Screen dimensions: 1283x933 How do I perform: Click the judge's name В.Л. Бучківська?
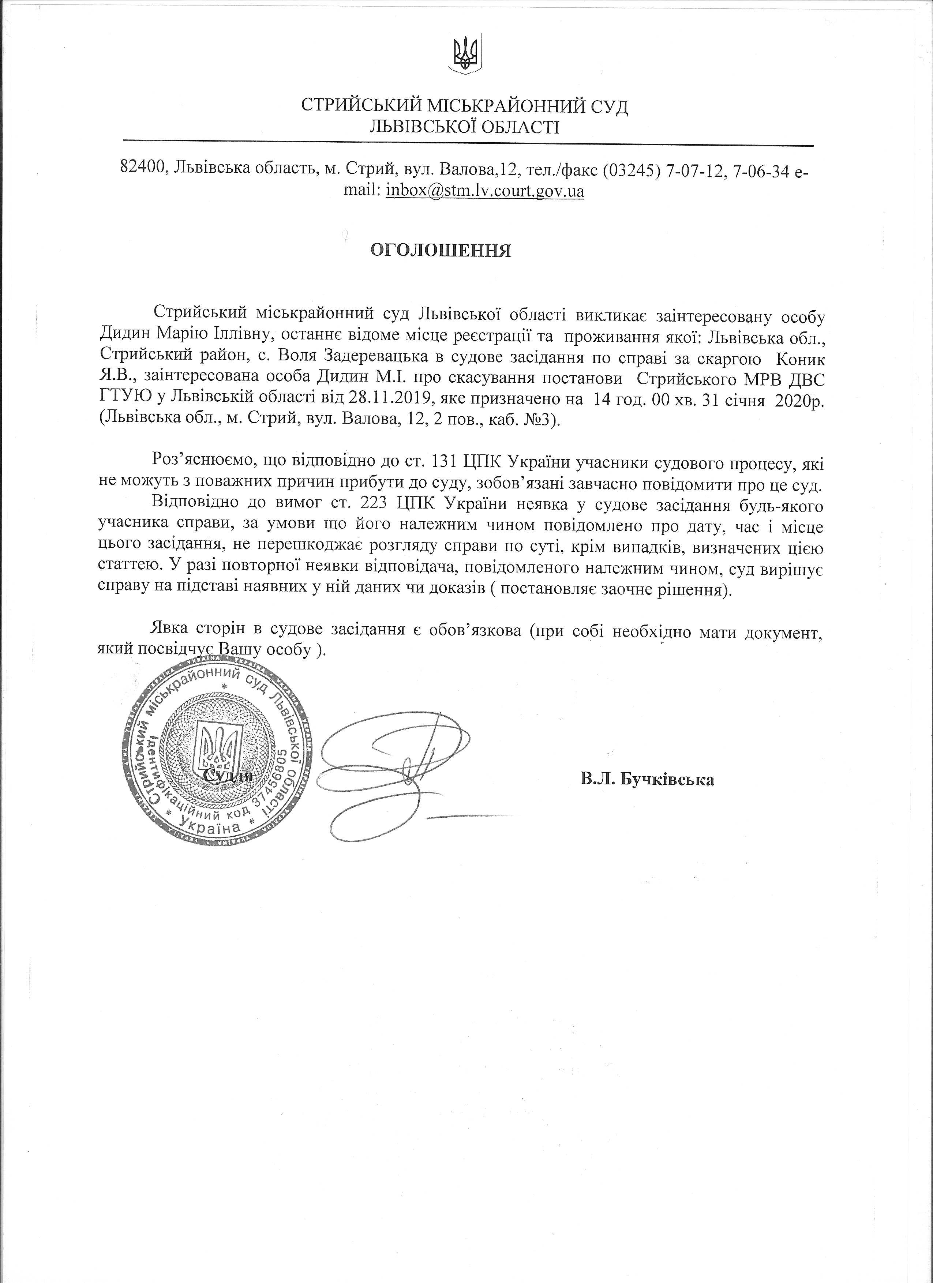[x=647, y=780]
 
